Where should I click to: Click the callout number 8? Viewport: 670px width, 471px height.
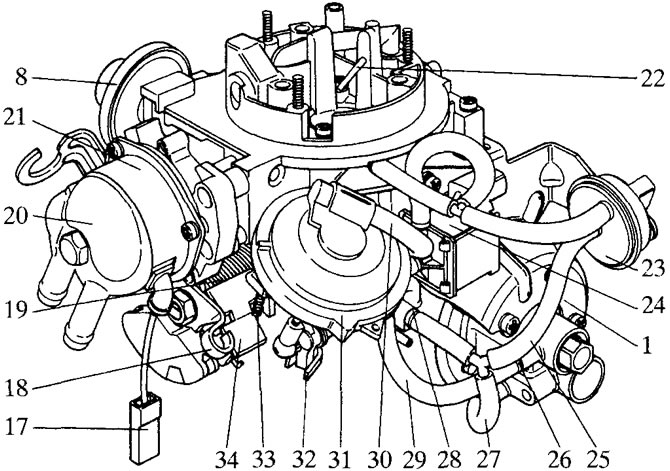(21, 77)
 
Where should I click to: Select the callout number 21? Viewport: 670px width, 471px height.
(15, 117)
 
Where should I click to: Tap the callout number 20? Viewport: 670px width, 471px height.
(16, 216)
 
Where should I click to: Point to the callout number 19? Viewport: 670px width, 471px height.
(15, 309)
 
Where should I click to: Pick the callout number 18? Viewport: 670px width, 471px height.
(16, 388)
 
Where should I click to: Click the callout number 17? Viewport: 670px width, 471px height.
(16, 427)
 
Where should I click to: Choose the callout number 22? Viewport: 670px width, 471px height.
(652, 79)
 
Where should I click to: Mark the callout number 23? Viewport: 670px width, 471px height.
(652, 269)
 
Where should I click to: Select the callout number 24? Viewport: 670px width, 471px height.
(652, 306)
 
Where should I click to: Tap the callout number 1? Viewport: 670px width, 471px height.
(647, 344)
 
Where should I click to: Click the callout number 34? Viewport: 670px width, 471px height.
(227, 460)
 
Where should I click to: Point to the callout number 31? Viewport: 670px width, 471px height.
(340, 460)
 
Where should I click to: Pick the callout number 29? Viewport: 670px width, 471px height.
(414, 460)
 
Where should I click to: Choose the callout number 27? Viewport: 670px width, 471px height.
(487, 460)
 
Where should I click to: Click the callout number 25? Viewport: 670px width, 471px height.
(597, 460)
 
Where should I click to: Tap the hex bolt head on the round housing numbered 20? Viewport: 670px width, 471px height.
(73, 248)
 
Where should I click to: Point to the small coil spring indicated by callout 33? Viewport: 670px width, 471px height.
(258, 306)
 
